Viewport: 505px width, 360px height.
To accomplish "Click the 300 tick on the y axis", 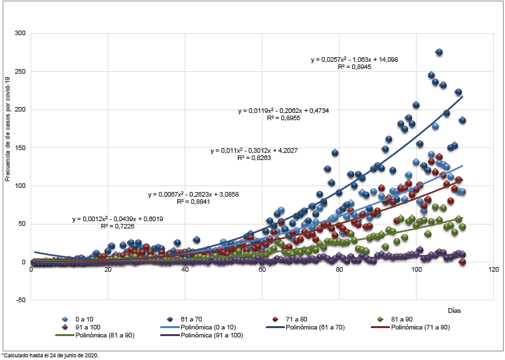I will click(21, 33).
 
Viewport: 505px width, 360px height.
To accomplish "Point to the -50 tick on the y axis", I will click(21, 300).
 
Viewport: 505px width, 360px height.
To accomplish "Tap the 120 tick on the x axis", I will click(492, 270).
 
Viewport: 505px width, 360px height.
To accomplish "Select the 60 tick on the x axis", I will click(262, 270).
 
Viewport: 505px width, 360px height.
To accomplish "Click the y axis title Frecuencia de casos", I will click(9, 129).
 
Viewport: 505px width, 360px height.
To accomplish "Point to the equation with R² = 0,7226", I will click(118, 223).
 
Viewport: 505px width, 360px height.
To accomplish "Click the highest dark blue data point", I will click(439, 52).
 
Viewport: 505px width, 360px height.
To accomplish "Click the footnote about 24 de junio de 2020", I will click(51, 355).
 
